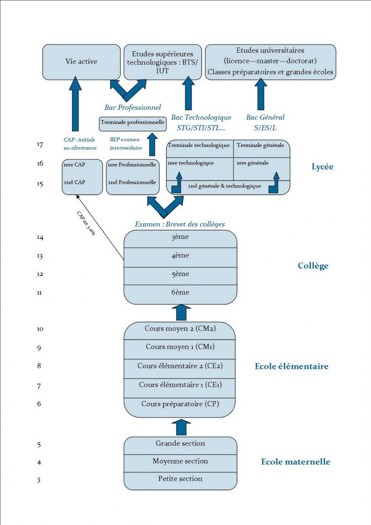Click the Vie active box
pos(81,62)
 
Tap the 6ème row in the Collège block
pos(180,292)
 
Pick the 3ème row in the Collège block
pos(180,237)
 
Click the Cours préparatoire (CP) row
pos(180,404)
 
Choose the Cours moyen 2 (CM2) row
pos(180,329)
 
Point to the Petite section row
pos(180,479)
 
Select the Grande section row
pos(180,443)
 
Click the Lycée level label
pos(322,167)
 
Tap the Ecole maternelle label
pos(295,462)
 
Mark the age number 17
pos(40,145)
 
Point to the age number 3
pos(39,480)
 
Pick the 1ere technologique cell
pos(190,163)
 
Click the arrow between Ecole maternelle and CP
pos(181,426)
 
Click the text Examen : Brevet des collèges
pos(179,225)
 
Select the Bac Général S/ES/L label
pos(265,122)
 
